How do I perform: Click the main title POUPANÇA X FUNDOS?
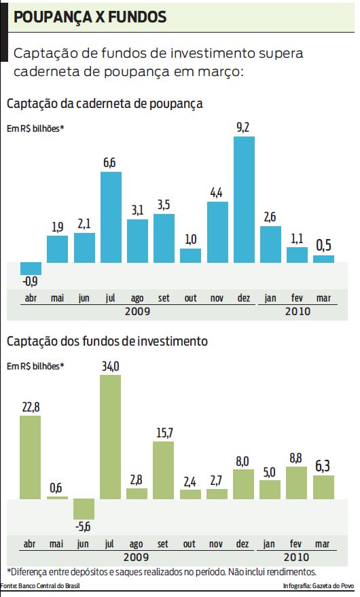pyautogui.click(x=90, y=18)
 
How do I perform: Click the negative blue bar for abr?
pyautogui.click(x=31, y=268)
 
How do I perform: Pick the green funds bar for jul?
pyautogui.click(x=111, y=437)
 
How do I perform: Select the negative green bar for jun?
pyautogui.click(x=84, y=509)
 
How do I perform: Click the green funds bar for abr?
pyautogui.click(x=31, y=457)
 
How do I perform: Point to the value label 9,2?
pyautogui.click(x=244, y=127)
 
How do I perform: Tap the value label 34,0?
pyautogui.click(x=110, y=366)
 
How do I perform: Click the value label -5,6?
pyautogui.click(x=84, y=527)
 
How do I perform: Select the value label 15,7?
pyautogui.click(x=163, y=433)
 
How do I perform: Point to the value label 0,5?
pyautogui.click(x=323, y=246)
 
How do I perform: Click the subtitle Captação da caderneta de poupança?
pyautogui.click(x=105, y=104)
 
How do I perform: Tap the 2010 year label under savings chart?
pyautogui.click(x=297, y=311)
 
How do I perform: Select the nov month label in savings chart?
pyautogui.click(x=217, y=297)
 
